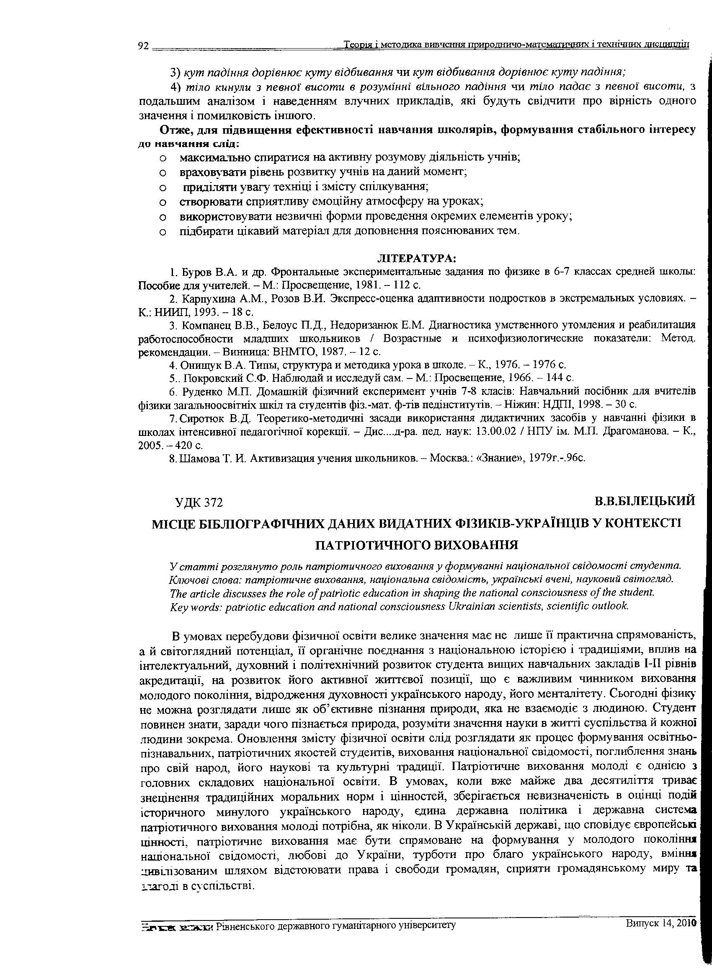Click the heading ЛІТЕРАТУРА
tap(417, 258)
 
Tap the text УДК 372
tap(199, 502)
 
